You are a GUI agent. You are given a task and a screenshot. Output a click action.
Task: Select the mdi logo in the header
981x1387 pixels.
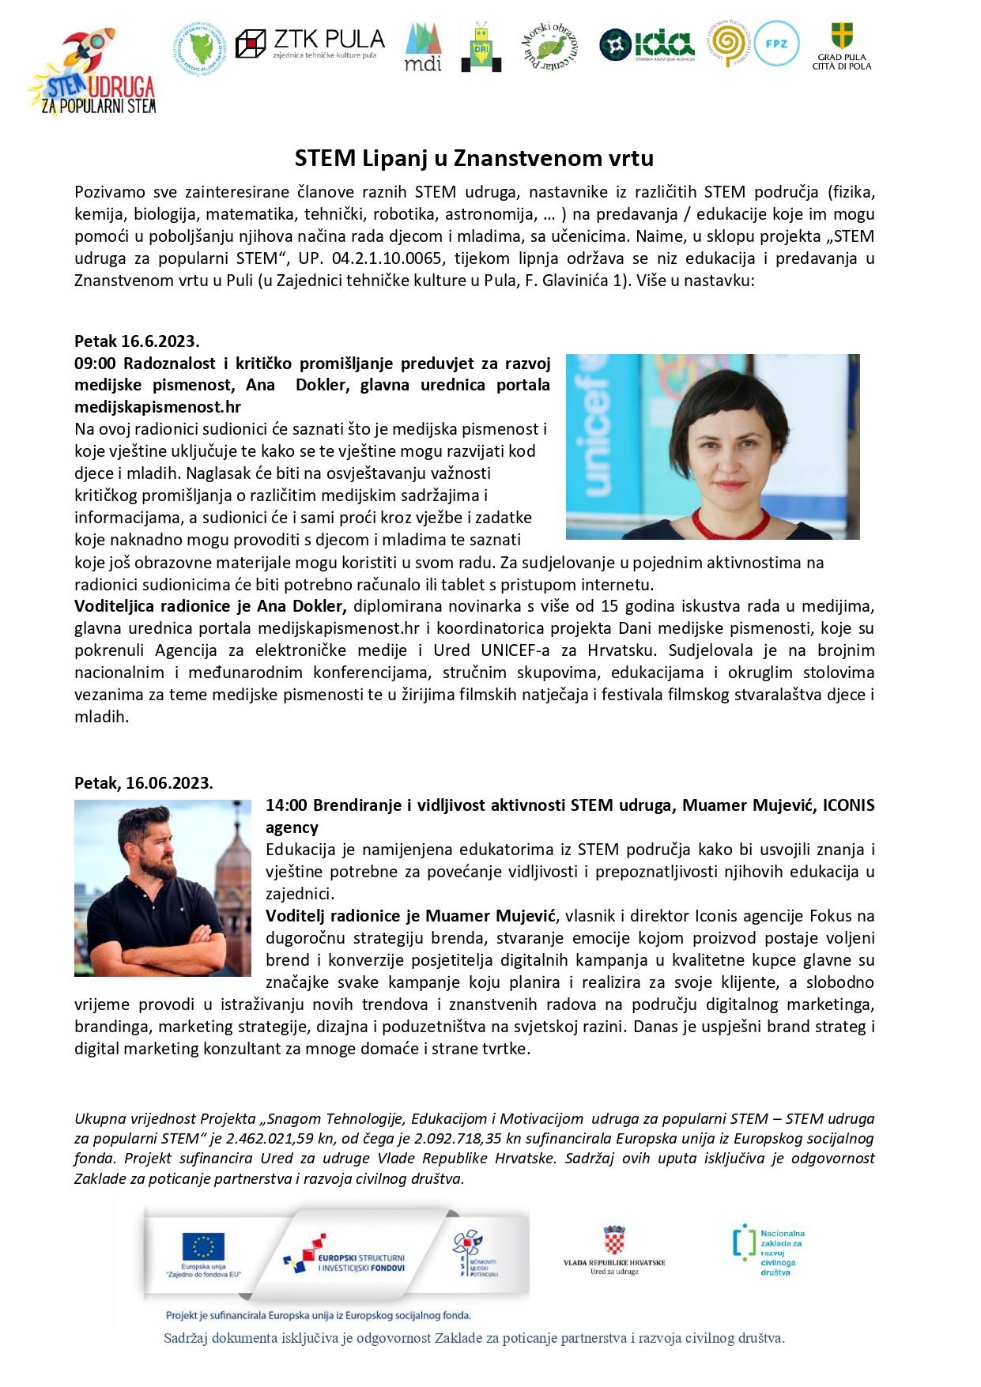click(x=423, y=47)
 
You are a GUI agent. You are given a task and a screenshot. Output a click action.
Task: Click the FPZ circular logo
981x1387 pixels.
click(x=776, y=44)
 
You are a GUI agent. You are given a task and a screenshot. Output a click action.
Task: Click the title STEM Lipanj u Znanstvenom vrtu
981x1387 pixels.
click(x=474, y=158)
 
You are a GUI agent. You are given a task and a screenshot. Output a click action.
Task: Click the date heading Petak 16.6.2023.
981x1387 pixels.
click(x=137, y=341)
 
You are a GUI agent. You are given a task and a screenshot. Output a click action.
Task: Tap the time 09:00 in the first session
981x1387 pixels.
click(x=95, y=364)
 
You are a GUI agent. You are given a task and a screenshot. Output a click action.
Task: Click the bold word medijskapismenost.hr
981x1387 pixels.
click(x=157, y=407)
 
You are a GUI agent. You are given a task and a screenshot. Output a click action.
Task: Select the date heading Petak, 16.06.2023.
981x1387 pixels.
click(x=143, y=783)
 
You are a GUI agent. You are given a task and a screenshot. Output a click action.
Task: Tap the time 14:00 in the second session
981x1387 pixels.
click(x=286, y=805)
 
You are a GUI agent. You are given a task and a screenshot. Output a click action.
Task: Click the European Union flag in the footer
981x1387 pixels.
click(x=203, y=1246)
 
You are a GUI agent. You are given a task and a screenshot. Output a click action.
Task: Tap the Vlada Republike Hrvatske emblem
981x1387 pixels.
click(x=614, y=1240)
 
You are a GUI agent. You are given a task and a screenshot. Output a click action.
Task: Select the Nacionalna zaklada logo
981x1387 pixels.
click(x=768, y=1252)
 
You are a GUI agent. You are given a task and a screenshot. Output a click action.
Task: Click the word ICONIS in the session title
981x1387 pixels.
click(x=848, y=805)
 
